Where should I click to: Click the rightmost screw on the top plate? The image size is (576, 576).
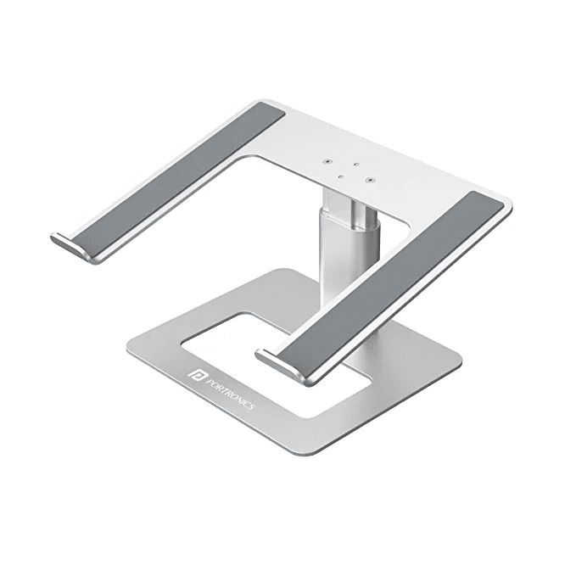click(370, 179)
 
